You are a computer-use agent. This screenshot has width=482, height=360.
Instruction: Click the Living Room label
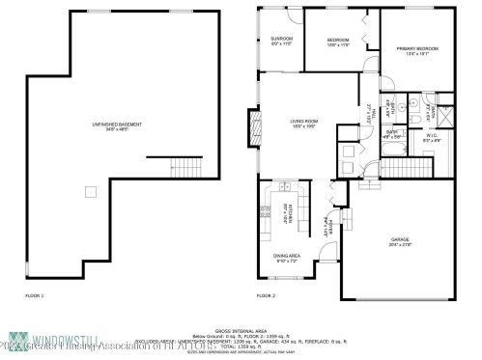[304, 123]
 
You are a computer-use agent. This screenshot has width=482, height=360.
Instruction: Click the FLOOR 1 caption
[35, 294]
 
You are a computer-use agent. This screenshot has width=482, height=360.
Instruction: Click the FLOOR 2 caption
[265, 294]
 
